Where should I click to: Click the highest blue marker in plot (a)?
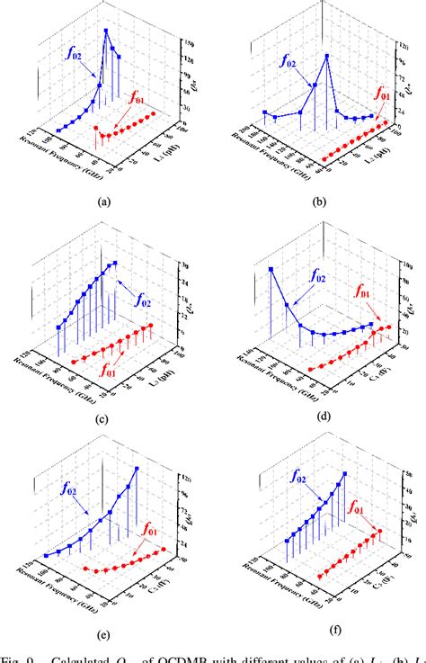pos(107,31)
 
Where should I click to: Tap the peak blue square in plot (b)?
pos(327,56)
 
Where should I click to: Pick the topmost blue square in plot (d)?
pos(271,269)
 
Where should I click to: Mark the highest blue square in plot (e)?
pos(137,469)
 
